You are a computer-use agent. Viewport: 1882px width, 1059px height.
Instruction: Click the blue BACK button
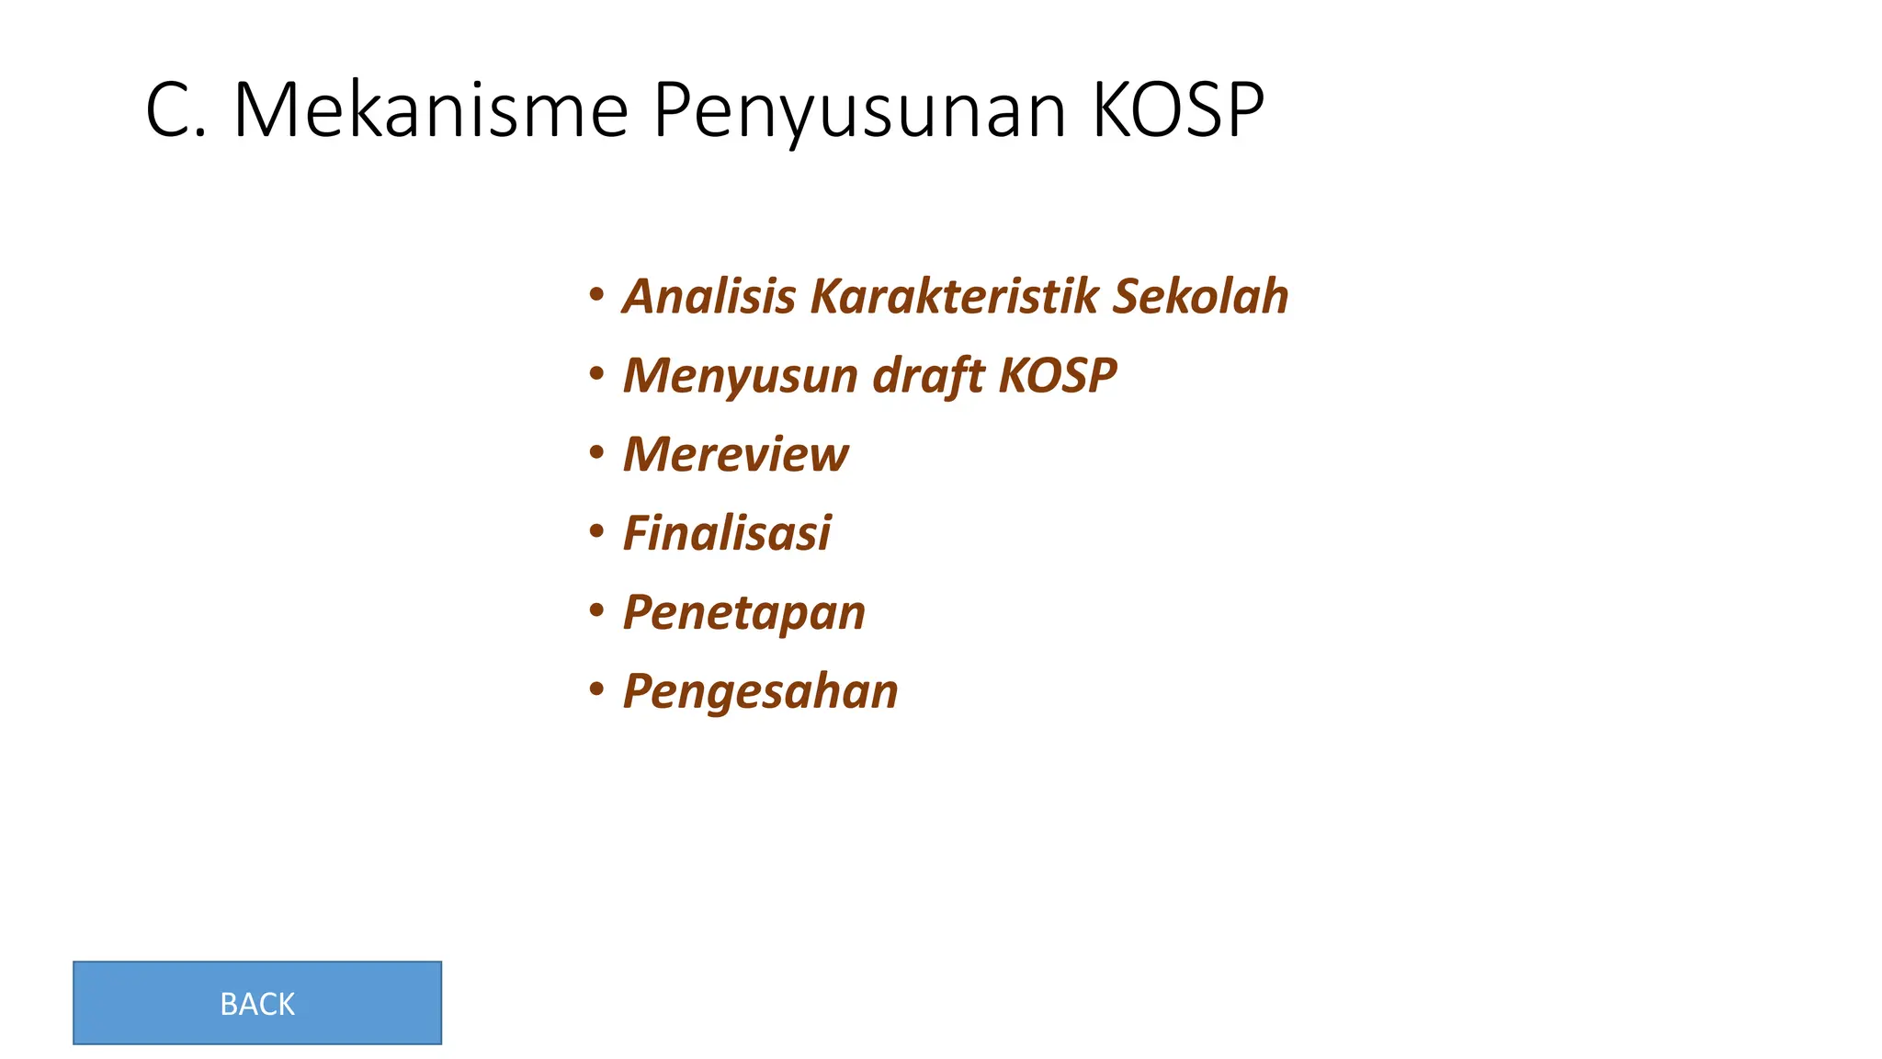(x=257, y=1003)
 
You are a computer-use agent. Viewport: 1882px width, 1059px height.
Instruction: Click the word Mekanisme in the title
(x=431, y=110)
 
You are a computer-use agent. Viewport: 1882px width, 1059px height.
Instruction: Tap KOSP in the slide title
(x=1178, y=110)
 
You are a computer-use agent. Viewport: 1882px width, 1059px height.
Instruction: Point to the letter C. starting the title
(x=175, y=110)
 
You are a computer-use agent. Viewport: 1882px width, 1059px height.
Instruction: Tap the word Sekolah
(x=1200, y=296)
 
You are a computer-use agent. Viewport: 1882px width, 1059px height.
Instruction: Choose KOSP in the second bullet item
(x=1058, y=375)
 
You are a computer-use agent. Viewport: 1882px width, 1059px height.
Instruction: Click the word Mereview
(x=736, y=454)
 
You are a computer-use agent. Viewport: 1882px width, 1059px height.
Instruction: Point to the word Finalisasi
(x=727, y=533)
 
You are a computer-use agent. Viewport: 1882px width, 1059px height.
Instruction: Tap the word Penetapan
(x=744, y=613)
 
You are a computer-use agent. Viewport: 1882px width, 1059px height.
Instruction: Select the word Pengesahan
(x=761, y=692)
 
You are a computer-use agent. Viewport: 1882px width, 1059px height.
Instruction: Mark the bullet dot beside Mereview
(x=597, y=453)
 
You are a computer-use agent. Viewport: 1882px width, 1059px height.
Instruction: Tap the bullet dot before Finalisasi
(x=597, y=531)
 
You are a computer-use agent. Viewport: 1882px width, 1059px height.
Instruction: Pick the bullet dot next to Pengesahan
(x=597, y=689)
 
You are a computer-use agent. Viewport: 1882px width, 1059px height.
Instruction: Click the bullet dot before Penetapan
(x=597, y=610)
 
